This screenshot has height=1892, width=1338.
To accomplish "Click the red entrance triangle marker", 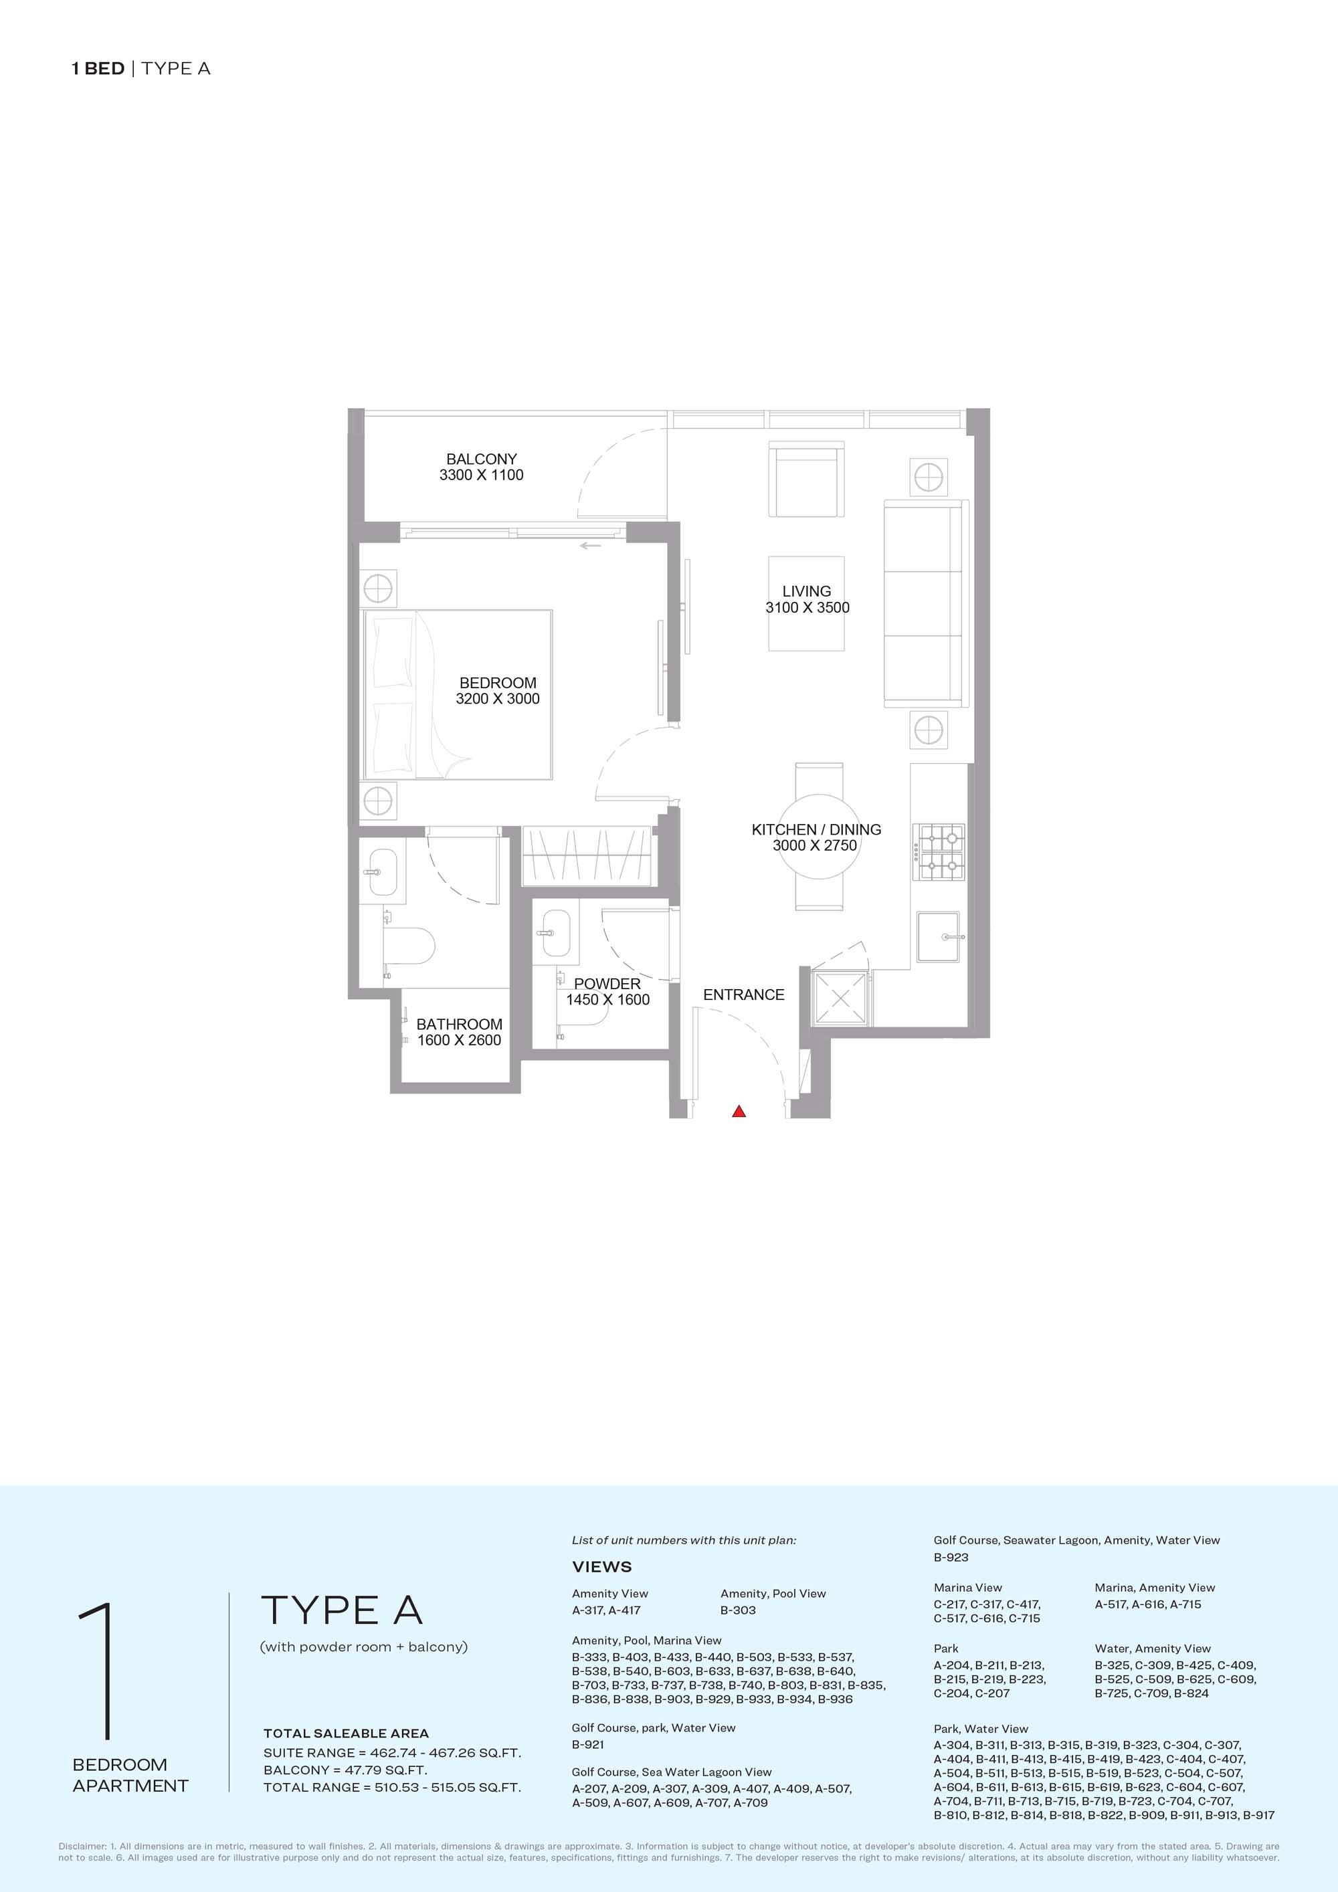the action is click(739, 1112).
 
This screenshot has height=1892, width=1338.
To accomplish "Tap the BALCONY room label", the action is click(482, 459).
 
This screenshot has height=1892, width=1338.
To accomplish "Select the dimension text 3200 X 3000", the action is click(498, 699).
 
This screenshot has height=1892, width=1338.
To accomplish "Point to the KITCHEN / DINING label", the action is click(816, 829).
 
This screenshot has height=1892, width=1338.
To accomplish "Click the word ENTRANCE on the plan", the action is click(744, 994).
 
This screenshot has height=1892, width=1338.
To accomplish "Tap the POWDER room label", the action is click(607, 984).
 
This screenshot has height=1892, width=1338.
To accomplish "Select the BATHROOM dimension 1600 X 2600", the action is click(459, 1040).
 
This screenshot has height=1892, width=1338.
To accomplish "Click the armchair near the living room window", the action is click(806, 480).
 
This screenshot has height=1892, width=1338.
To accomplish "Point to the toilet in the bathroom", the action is click(408, 945).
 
